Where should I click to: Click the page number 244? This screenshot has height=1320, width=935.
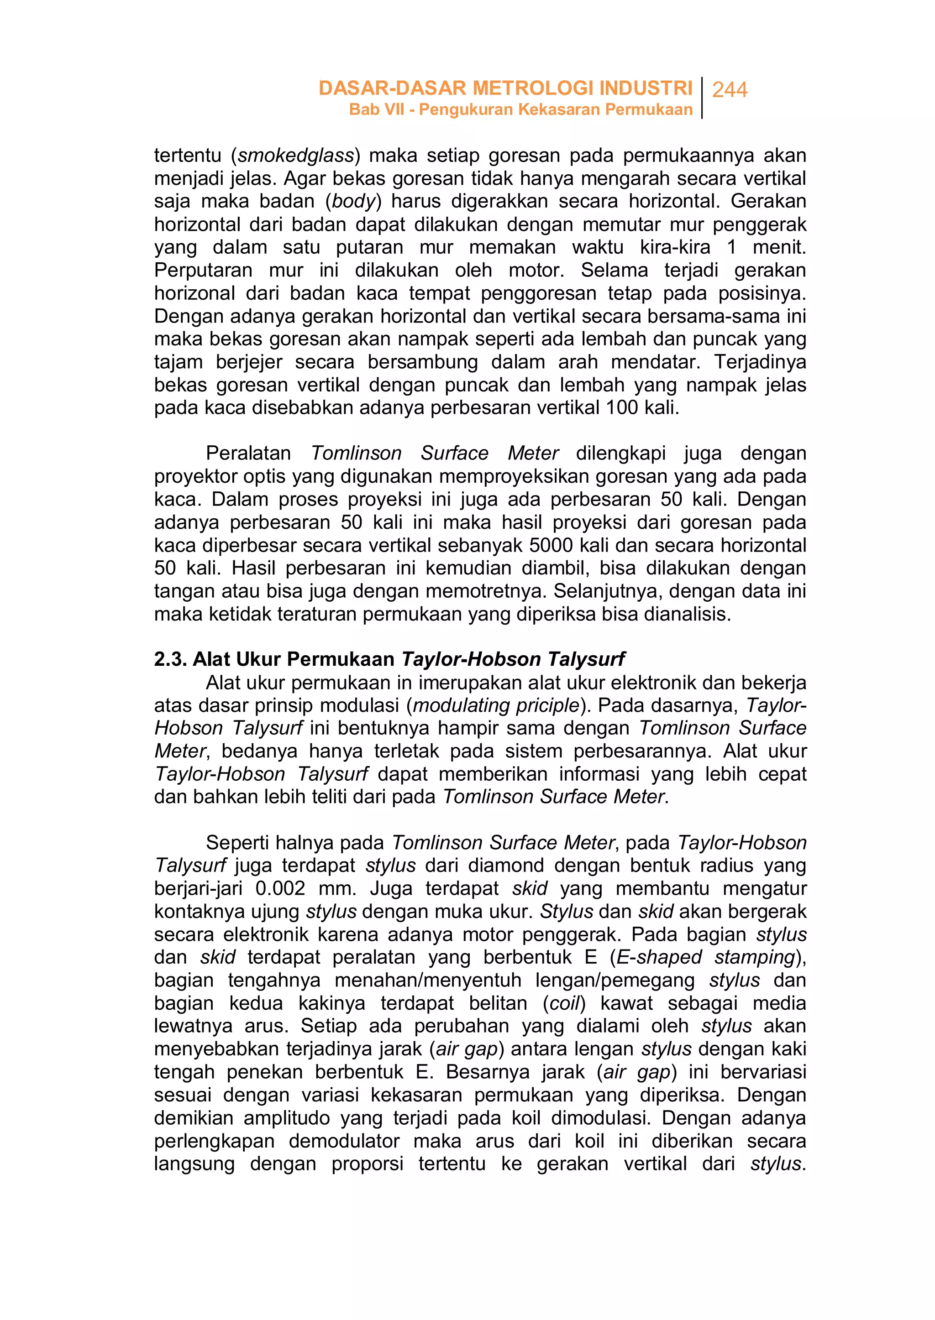click(730, 90)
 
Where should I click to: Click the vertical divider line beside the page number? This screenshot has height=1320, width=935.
click(703, 98)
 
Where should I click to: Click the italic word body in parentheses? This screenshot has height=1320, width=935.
click(353, 201)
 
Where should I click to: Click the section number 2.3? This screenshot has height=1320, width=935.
click(170, 659)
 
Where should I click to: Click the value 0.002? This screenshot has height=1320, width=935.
click(280, 888)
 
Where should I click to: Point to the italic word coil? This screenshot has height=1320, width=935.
click(564, 1003)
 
